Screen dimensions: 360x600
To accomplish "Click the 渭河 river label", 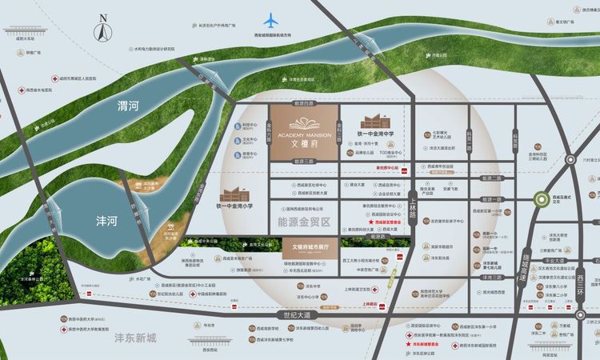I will click(129, 105).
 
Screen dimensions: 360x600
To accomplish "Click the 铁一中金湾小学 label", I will click(239, 206).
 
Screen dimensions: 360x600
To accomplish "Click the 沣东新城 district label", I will click(140, 338).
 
